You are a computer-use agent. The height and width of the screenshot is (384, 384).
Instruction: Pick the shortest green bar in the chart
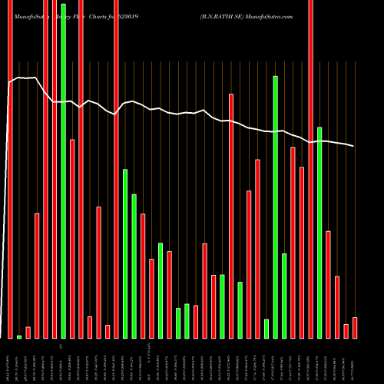[x=19, y=336]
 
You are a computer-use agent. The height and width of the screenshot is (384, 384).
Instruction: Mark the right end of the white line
[x=354, y=146]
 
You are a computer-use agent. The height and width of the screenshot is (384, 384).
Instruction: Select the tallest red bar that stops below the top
[x=231, y=216]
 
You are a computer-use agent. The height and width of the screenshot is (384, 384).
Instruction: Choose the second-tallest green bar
[x=275, y=207]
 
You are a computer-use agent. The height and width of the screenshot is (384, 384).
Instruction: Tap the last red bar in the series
[x=355, y=328]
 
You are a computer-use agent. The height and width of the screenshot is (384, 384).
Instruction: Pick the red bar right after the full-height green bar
[x=72, y=239]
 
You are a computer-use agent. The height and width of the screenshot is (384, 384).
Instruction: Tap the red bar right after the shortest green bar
[x=28, y=333]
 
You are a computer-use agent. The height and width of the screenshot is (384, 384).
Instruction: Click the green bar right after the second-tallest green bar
[x=284, y=296]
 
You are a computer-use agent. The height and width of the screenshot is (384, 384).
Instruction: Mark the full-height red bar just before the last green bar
[x=311, y=169]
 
